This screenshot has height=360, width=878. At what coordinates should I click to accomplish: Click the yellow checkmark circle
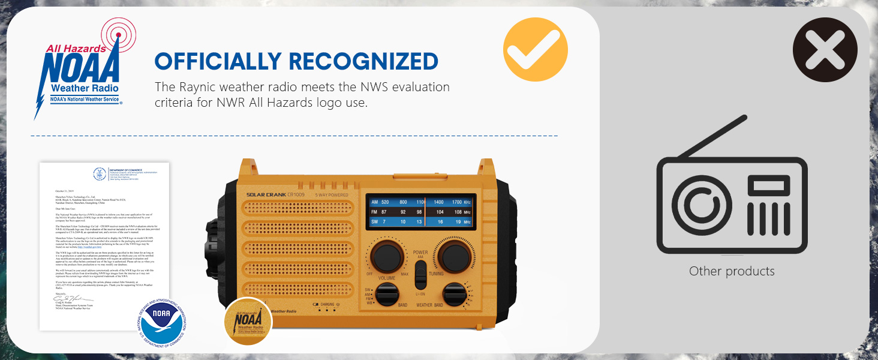click(x=535, y=49)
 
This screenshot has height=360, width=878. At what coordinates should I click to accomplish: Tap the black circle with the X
click(x=825, y=49)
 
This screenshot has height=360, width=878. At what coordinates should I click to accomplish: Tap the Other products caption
click(x=732, y=271)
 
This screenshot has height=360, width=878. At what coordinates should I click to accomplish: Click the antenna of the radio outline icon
click(x=714, y=137)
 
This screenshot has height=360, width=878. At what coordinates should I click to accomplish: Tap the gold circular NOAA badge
click(x=248, y=322)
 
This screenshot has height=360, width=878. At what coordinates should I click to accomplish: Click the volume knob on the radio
click(x=386, y=257)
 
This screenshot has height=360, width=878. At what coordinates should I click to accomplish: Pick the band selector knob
click(x=387, y=295)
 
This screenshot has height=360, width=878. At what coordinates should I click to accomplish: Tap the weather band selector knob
click(x=455, y=295)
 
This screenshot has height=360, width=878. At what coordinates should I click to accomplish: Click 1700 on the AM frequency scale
click(x=457, y=203)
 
